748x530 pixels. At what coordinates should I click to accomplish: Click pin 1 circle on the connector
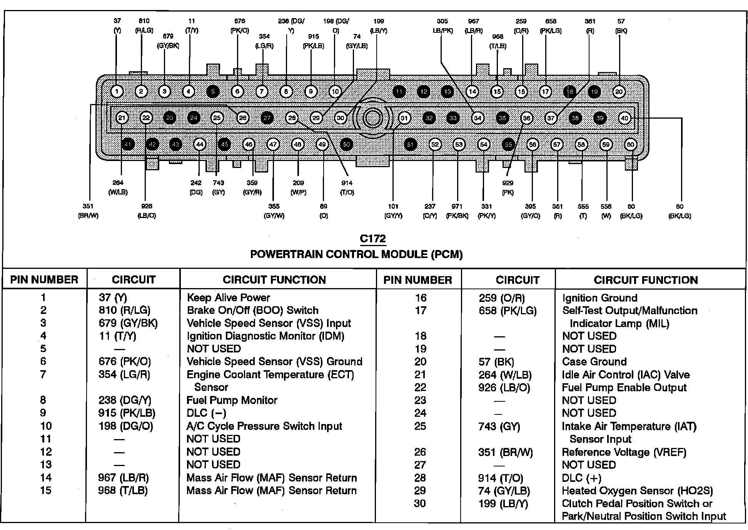117,92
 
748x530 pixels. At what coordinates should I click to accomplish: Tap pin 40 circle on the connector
624,118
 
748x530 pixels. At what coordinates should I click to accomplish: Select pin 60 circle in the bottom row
630,145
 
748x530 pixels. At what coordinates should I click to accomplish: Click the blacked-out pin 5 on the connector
213,92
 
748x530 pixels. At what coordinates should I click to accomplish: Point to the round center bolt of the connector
372,118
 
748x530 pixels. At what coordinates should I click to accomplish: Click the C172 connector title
372,239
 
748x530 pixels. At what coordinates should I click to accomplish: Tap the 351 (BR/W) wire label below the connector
88,211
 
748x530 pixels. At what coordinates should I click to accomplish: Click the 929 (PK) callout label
508,188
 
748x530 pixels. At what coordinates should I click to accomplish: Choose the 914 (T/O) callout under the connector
347,188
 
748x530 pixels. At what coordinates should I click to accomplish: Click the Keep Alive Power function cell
229,297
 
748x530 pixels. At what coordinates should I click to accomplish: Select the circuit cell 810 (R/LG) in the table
124,310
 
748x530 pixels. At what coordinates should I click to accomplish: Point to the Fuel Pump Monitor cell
232,400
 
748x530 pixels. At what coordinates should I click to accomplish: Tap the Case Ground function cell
594,362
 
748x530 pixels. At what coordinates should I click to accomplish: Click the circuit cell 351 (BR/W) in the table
505,452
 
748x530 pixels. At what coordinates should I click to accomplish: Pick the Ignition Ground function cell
599,298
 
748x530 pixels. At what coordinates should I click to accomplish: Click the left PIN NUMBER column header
44,280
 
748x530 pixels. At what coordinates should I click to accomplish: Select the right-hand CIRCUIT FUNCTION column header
646,280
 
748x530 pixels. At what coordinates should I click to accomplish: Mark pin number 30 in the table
420,503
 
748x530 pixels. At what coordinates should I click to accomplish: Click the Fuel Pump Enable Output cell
624,387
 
